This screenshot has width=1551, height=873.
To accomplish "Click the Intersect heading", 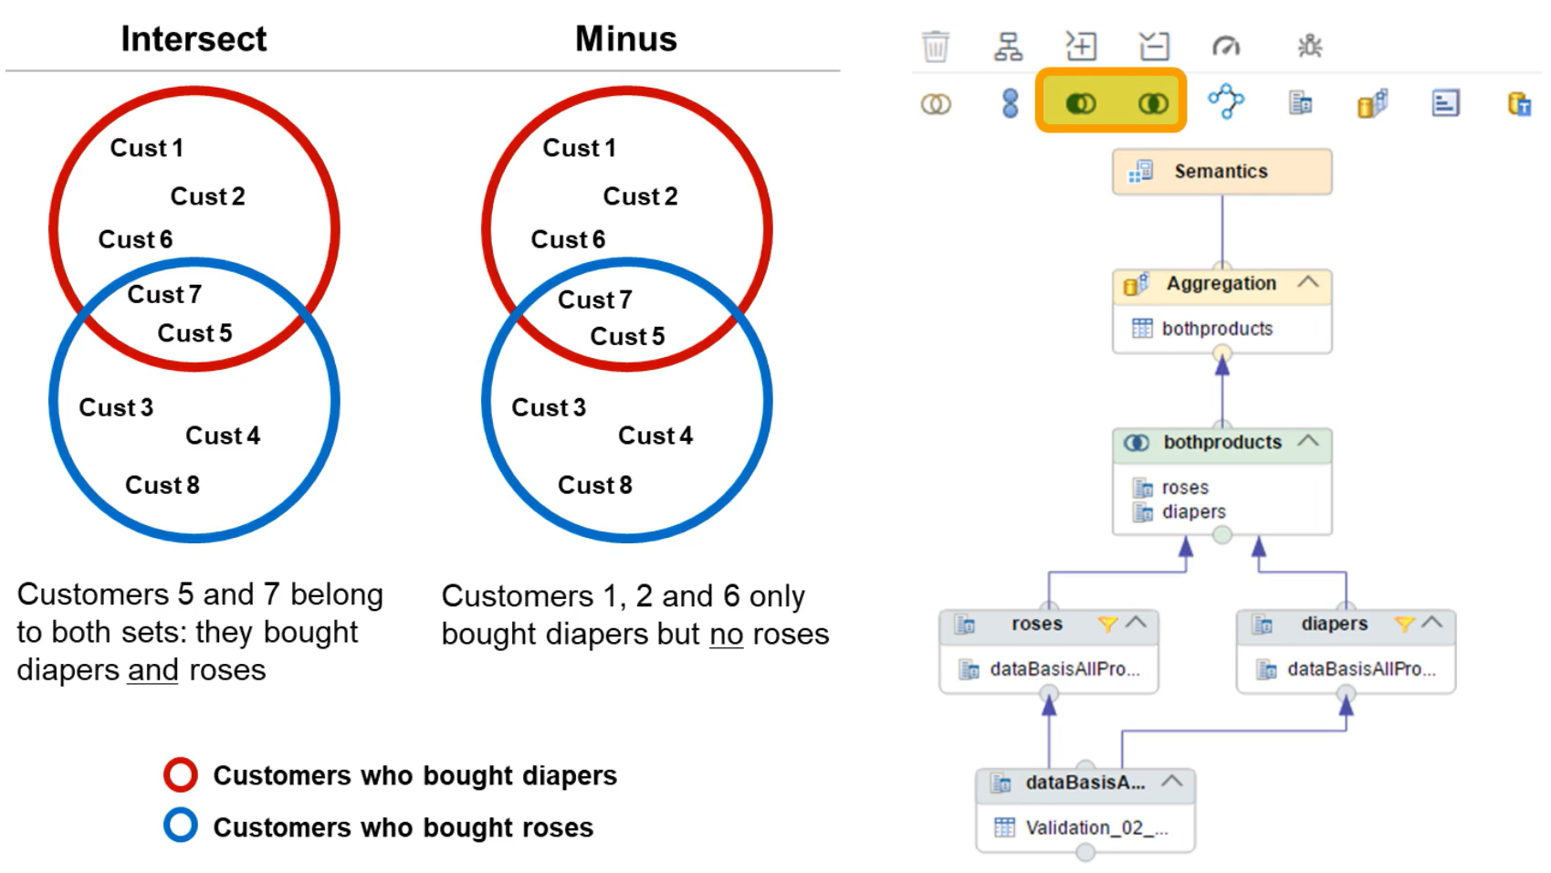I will click(194, 39).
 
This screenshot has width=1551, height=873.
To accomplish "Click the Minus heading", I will click(625, 39).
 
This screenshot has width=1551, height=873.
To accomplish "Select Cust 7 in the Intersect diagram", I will click(164, 294).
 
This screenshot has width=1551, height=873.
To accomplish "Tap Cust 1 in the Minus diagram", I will click(579, 148).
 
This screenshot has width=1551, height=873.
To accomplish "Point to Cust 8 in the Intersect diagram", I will click(162, 485).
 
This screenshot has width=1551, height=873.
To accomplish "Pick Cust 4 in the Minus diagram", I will click(655, 436).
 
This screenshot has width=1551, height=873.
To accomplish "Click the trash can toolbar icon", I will click(936, 46).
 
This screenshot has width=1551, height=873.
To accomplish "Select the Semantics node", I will click(1221, 172).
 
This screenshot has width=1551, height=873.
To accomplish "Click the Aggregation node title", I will click(1221, 284).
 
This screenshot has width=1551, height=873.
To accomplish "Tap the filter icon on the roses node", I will click(1107, 624).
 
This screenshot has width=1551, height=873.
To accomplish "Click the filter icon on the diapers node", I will click(1404, 624).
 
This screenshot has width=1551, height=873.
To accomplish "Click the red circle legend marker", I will click(181, 774).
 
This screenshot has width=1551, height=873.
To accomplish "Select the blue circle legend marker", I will click(181, 826).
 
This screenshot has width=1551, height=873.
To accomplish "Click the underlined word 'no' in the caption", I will click(726, 634).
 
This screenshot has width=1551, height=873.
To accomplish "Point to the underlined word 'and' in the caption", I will click(152, 670).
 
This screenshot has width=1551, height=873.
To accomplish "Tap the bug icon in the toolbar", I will click(1310, 46).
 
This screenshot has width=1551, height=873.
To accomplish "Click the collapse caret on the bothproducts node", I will click(1308, 441).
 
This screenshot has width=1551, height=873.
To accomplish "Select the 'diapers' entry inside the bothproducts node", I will click(1193, 512).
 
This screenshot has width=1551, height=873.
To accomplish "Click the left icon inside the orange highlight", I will click(1081, 103).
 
